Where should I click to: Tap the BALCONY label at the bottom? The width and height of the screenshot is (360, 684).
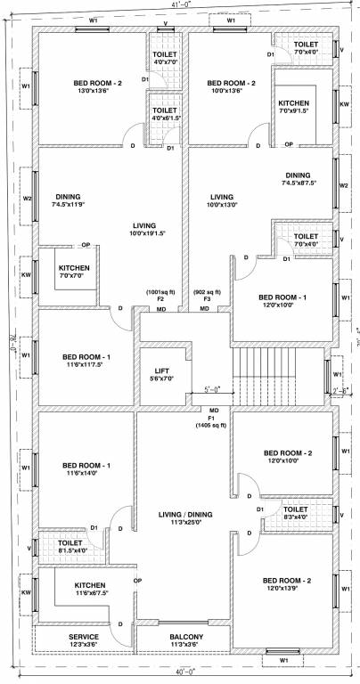click(183, 638)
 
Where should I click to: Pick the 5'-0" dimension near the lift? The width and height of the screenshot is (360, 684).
click(212, 389)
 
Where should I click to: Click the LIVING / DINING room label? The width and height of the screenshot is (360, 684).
click(184, 503)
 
